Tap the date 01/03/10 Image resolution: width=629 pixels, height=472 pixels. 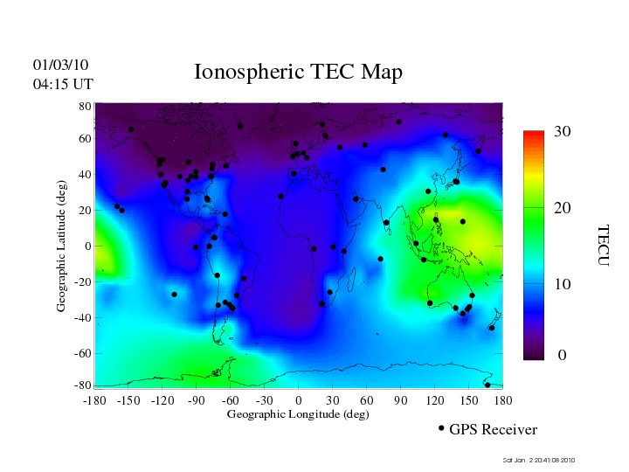[x=60, y=66]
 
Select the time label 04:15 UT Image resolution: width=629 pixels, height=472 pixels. [x=62, y=85]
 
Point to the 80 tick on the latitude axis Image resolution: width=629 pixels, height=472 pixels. [x=86, y=106]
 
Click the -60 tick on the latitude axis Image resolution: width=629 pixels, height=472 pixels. [x=84, y=354]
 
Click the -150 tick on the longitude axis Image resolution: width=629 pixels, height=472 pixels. [x=128, y=400]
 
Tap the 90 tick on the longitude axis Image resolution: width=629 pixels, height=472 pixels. [x=401, y=400]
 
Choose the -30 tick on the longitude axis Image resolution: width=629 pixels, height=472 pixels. [x=265, y=400]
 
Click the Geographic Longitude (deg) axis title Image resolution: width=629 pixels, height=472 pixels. [x=298, y=414]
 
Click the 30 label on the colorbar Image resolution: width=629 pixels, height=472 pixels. [x=563, y=132]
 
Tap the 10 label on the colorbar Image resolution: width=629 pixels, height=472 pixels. [x=563, y=285]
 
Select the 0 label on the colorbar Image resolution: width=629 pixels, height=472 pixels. [x=563, y=356]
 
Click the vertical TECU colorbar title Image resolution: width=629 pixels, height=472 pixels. [x=603, y=246]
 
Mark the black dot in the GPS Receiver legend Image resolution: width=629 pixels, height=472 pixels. [x=441, y=428]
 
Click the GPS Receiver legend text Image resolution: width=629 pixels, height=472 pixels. [x=493, y=430]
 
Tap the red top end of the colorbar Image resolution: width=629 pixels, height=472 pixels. [x=534, y=134]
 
